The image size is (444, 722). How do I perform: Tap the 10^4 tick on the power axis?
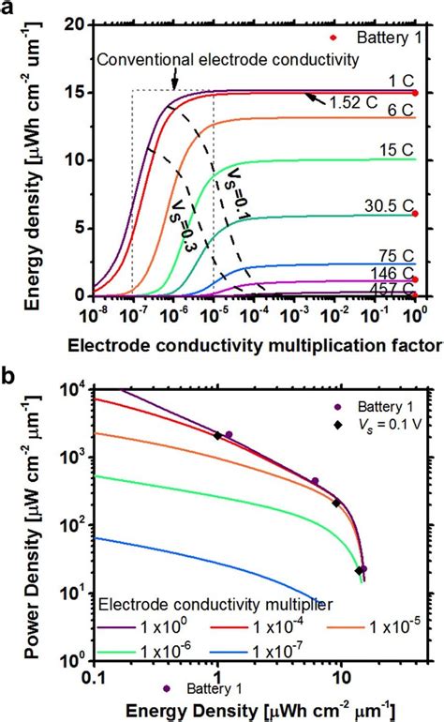[77, 389]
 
